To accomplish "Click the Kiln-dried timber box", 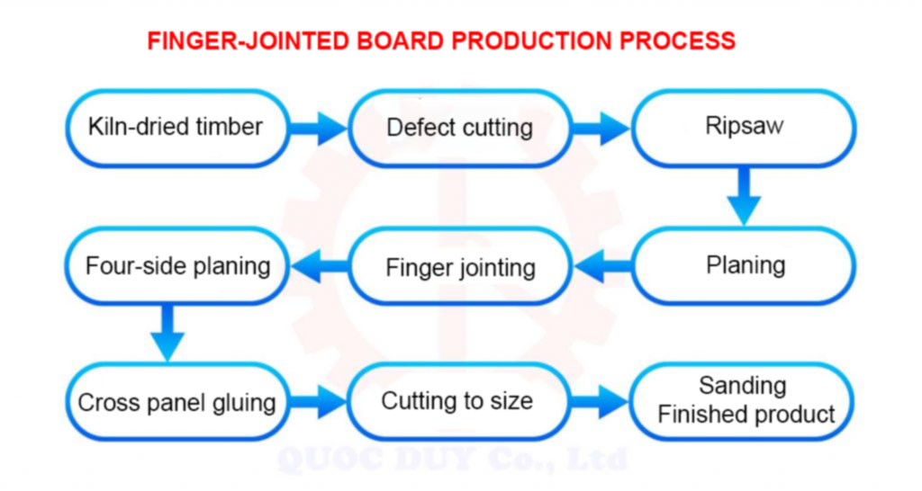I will pos(176,128).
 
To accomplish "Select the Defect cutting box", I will pos(459,128).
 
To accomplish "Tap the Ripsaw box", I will pos(744,128).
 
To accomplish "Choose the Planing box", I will pos(744,265).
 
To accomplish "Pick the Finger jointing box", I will pos(459,267).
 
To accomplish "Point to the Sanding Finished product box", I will pos(744,401).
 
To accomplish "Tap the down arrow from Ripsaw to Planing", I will pos(744,197).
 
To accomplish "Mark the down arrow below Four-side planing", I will pos(167,334).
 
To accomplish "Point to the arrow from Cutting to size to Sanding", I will pos(601,401).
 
